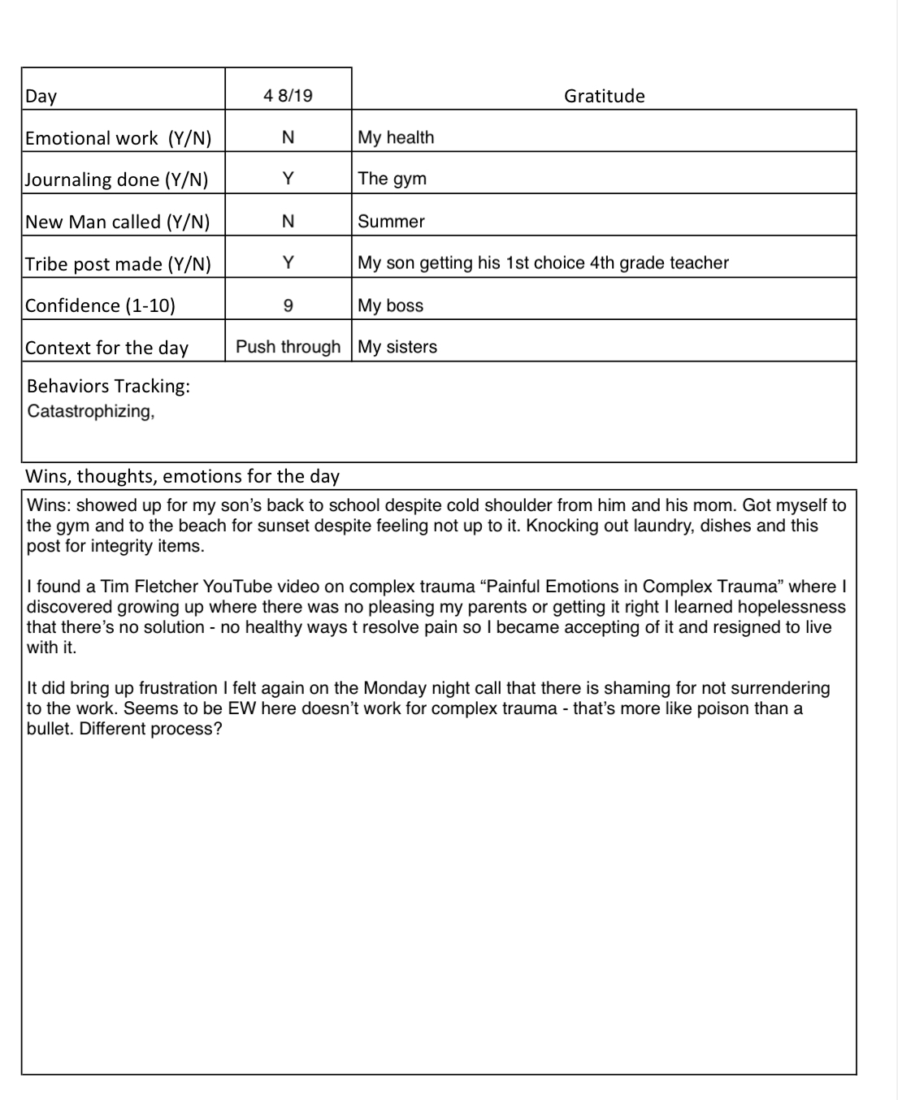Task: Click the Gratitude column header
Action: [604, 96]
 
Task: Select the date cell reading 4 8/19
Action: [288, 96]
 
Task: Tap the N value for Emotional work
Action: [288, 137]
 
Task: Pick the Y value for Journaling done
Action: [288, 179]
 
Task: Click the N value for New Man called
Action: [288, 221]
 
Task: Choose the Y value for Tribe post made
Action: [288, 262]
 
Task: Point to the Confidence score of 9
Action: [288, 305]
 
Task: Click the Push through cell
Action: [288, 347]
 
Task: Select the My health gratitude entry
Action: [396, 137]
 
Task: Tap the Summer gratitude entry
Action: [391, 221]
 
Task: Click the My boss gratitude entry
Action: [390, 305]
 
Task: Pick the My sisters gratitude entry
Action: [397, 347]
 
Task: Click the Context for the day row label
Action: [106, 348]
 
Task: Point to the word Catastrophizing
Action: [90, 411]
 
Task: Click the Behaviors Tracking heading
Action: [108, 386]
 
